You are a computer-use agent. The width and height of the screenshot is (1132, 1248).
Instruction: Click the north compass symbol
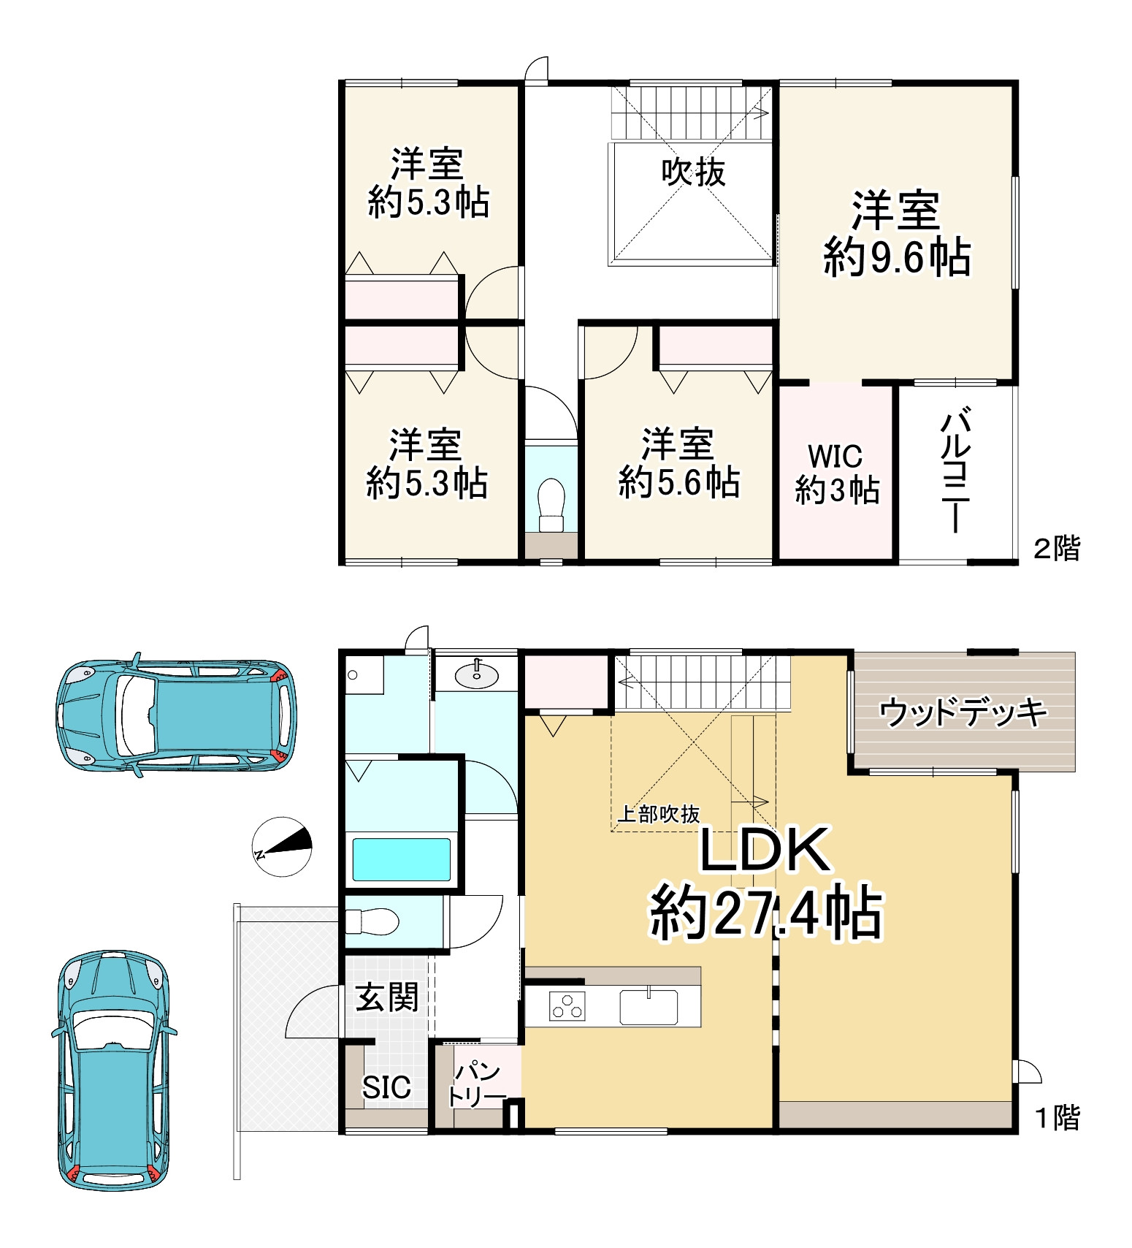(283, 847)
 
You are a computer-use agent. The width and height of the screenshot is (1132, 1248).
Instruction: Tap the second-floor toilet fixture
(551, 503)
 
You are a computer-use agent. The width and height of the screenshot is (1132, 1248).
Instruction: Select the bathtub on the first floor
(402, 859)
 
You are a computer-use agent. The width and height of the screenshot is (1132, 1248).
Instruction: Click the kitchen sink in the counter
(649, 1007)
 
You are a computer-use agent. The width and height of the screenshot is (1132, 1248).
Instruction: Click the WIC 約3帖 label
(836, 473)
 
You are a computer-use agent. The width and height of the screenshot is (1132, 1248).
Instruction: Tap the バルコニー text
(955, 471)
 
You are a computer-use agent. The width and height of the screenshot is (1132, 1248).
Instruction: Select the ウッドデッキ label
(963, 712)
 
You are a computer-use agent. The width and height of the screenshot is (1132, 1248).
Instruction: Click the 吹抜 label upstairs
(693, 172)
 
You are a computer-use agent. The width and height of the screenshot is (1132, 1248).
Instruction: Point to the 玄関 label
(387, 997)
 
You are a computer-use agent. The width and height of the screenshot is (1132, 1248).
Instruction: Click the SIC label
(386, 1087)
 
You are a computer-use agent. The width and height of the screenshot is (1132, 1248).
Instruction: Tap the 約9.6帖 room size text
(897, 257)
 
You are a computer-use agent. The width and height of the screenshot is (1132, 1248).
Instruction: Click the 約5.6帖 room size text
(679, 483)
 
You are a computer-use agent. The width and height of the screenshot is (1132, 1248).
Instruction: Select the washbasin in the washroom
(477, 674)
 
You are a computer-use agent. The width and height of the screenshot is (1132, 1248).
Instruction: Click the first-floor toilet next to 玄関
(372, 921)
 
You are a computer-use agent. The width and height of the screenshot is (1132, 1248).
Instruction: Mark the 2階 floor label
(1056, 548)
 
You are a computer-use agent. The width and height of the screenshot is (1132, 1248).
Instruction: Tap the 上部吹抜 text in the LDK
(659, 814)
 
